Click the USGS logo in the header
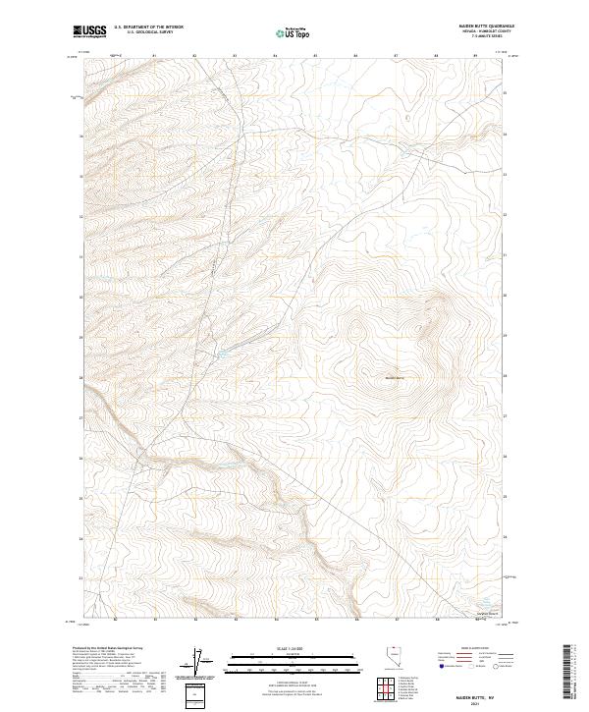point(89,31)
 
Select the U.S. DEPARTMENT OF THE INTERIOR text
point(148,27)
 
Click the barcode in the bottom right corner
point(565,675)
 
